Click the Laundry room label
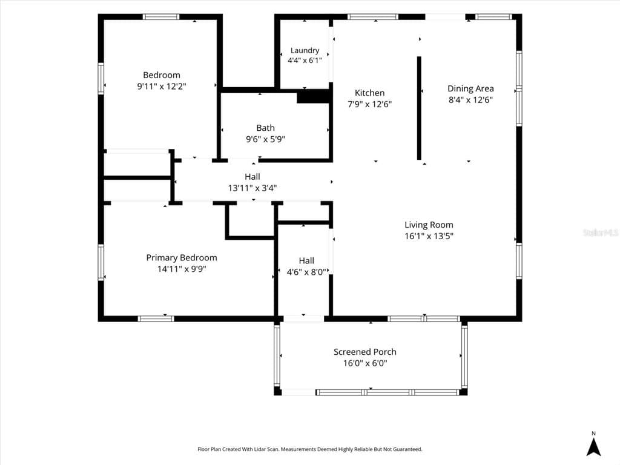coord(305,51)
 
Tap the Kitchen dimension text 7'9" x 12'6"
coord(370,104)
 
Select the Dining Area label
coord(470,88)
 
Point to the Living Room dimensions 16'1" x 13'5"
coord(429,236)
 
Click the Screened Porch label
coord(365,352)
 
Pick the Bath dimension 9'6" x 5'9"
coord(265,139)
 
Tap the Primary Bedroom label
coord(182,258)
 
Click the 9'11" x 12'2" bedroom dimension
coord(161,86)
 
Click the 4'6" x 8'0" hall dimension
coord(306,272)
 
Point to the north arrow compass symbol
coord(593,447)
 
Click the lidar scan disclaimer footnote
coord(309,449)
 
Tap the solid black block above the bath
coord(313,96)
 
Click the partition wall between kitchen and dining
coord(419,108)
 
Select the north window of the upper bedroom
coord(160,16)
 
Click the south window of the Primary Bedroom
coord(156,318)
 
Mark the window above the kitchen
coord(373,16)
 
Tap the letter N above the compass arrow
coord(593,434)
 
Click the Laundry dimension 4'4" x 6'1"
coord(305,61)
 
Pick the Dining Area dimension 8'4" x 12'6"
coord(470,100)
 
